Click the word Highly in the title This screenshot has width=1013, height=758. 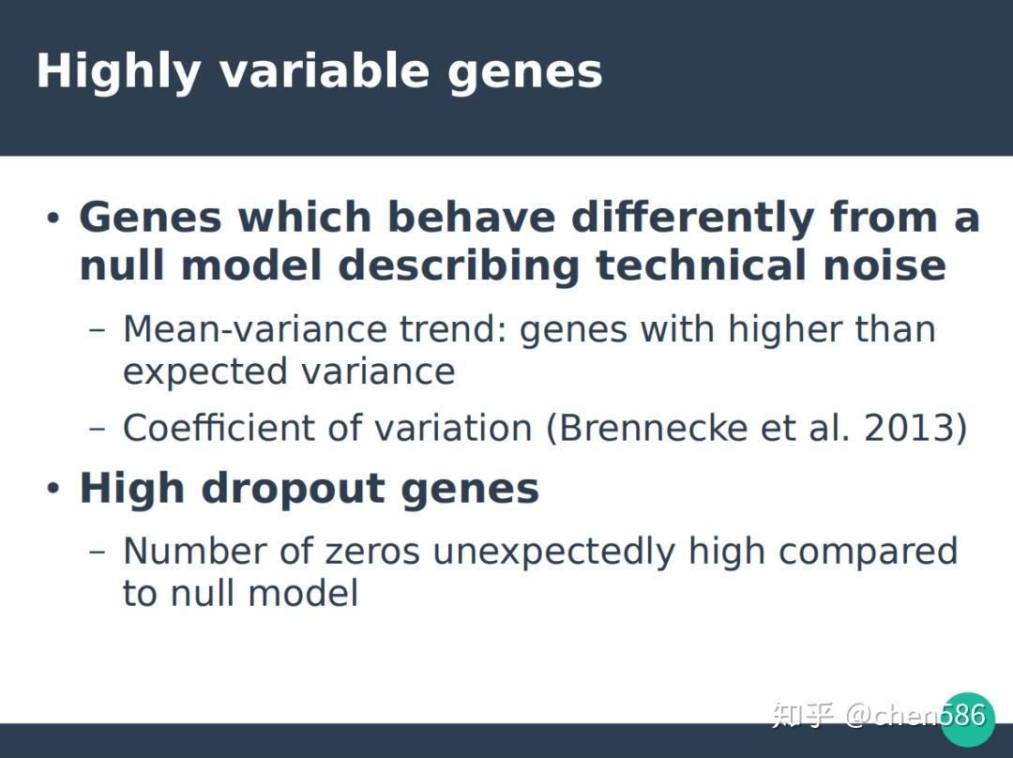(119, 71)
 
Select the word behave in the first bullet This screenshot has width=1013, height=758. (472, 217)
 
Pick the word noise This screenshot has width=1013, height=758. (884, 265)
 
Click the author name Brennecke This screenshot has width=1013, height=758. (653, 428)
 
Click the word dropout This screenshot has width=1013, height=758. (294, 489)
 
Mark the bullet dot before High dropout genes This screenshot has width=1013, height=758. (53, 489)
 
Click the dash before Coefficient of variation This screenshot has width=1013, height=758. (97, 429)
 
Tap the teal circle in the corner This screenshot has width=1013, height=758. (967, 720)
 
